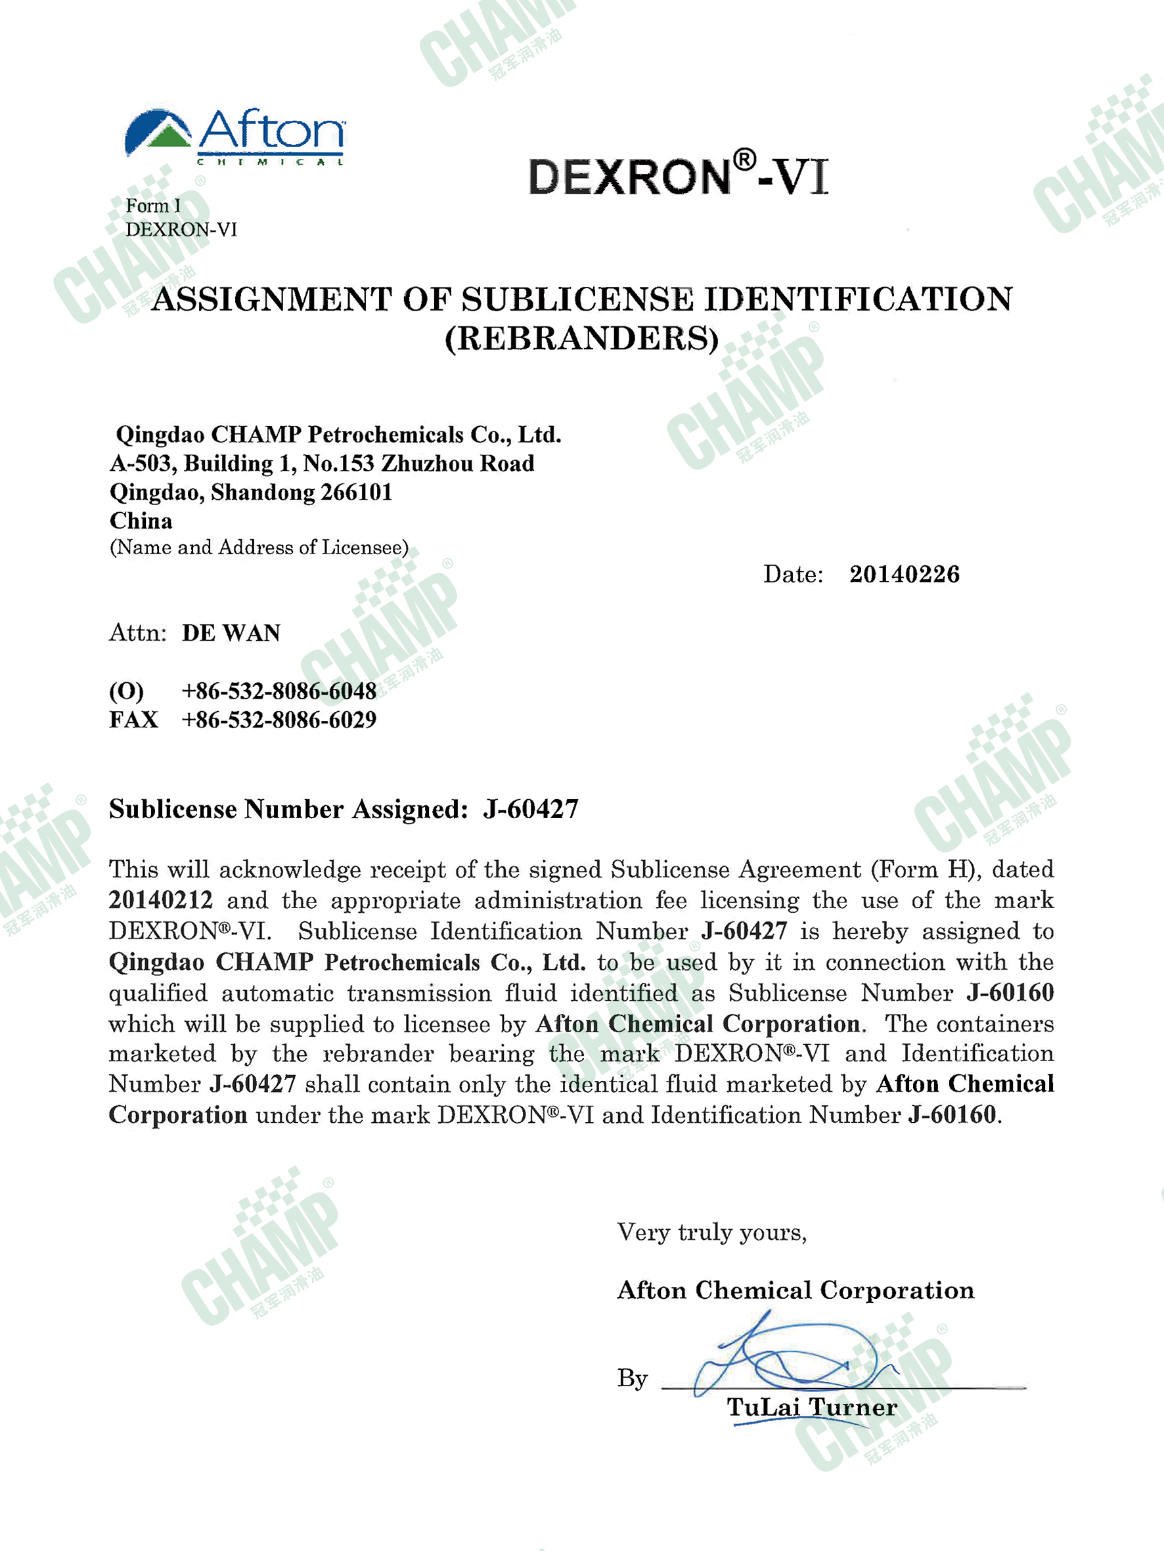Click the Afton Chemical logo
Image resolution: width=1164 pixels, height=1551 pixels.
235,136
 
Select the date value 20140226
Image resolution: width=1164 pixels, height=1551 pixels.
905,575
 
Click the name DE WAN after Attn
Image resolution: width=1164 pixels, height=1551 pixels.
231,633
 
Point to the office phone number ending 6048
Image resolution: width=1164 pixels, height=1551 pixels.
279,691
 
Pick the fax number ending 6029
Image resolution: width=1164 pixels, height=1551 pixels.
279,720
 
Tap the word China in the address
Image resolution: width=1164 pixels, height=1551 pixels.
141,521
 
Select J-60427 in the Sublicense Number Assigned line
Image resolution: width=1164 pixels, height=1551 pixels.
530,809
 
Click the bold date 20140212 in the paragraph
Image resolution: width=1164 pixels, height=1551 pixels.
161,900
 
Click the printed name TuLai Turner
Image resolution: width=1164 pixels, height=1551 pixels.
812,1407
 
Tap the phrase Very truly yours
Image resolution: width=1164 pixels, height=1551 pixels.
711,1232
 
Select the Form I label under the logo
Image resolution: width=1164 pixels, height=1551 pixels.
153,206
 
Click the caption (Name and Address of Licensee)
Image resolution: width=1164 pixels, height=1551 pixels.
259,548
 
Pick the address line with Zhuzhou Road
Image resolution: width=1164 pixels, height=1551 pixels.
322,464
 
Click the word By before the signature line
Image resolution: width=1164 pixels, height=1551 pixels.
632,1378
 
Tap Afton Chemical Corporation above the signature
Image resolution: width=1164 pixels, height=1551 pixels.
795,1290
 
